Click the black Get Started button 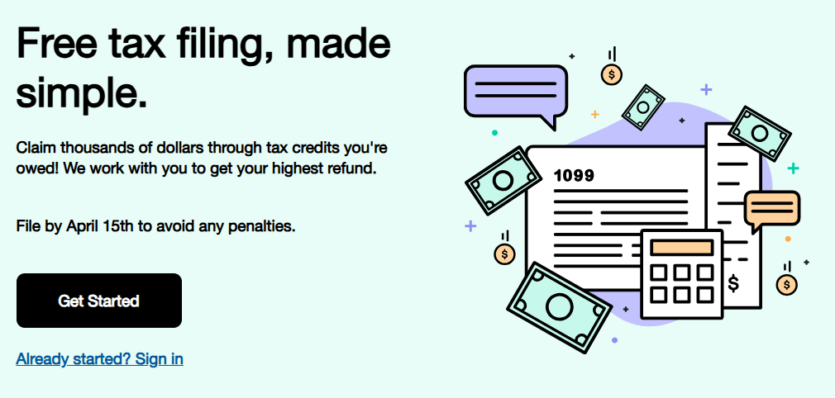(99, 301)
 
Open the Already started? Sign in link (99, 358)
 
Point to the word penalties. (262, 226)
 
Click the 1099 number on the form (574, 176)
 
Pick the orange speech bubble (771, 209)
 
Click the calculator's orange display (682, 247)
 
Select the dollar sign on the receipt (733, 283)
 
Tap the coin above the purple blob (612, 74)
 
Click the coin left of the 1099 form (504, 253)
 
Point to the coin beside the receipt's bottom (786, 284)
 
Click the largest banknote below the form (559, 307)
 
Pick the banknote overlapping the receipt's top (760, 134)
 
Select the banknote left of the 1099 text (503, 181)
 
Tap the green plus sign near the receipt (794, 168)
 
